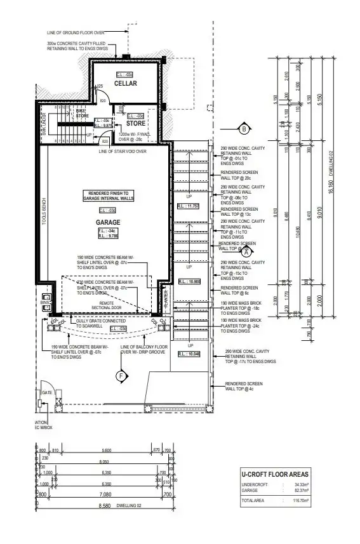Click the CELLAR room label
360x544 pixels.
pyautogui.click(x=126, y=84)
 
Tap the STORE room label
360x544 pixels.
pyautogui.click(x=135, y=123)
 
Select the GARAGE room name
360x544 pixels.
pyautogui.click(x=108, y=223)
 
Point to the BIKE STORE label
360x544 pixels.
pyautogui.click(x=83, y=114)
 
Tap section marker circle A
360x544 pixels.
pyautogui.click(x=245, y=251)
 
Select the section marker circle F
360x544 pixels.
pyautogui.click(x=121, y=376)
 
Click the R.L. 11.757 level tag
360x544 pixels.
pyautogui.click(x=190, y=206)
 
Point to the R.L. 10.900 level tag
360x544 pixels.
pyautogui.click(x=190, y=281)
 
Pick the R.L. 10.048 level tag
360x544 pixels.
pyautogui.click(x=190, y=354)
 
